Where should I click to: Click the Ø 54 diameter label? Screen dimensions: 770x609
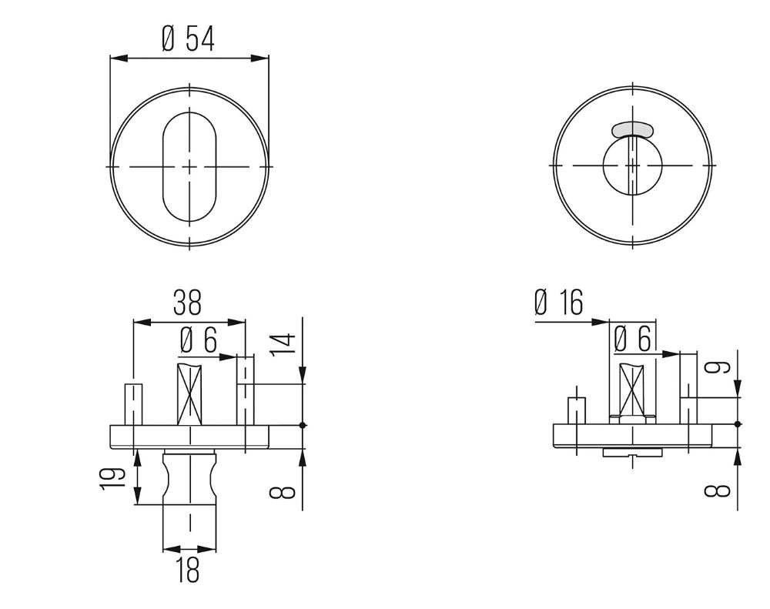coord(188,39)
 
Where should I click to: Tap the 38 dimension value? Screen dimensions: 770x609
coord(188,303)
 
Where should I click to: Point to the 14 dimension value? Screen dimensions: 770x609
coord(283,343)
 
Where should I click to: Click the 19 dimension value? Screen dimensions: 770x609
coord(112,478)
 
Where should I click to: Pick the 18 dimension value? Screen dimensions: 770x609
coord(188,570)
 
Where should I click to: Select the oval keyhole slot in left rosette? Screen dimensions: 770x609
coord(189,167)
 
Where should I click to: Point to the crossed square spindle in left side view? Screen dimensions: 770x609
coord(189,394)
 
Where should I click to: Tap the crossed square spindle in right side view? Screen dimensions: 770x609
coord(632,390)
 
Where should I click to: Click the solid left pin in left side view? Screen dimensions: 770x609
coord(133,405)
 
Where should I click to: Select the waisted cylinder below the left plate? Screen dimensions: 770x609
coord(189,477)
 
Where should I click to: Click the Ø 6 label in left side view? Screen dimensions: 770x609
coord(199,340)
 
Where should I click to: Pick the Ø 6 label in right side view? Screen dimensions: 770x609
coord(633,339)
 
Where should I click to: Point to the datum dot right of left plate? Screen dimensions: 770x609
coord(303,425)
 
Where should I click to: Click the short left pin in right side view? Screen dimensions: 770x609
coord(576,410)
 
